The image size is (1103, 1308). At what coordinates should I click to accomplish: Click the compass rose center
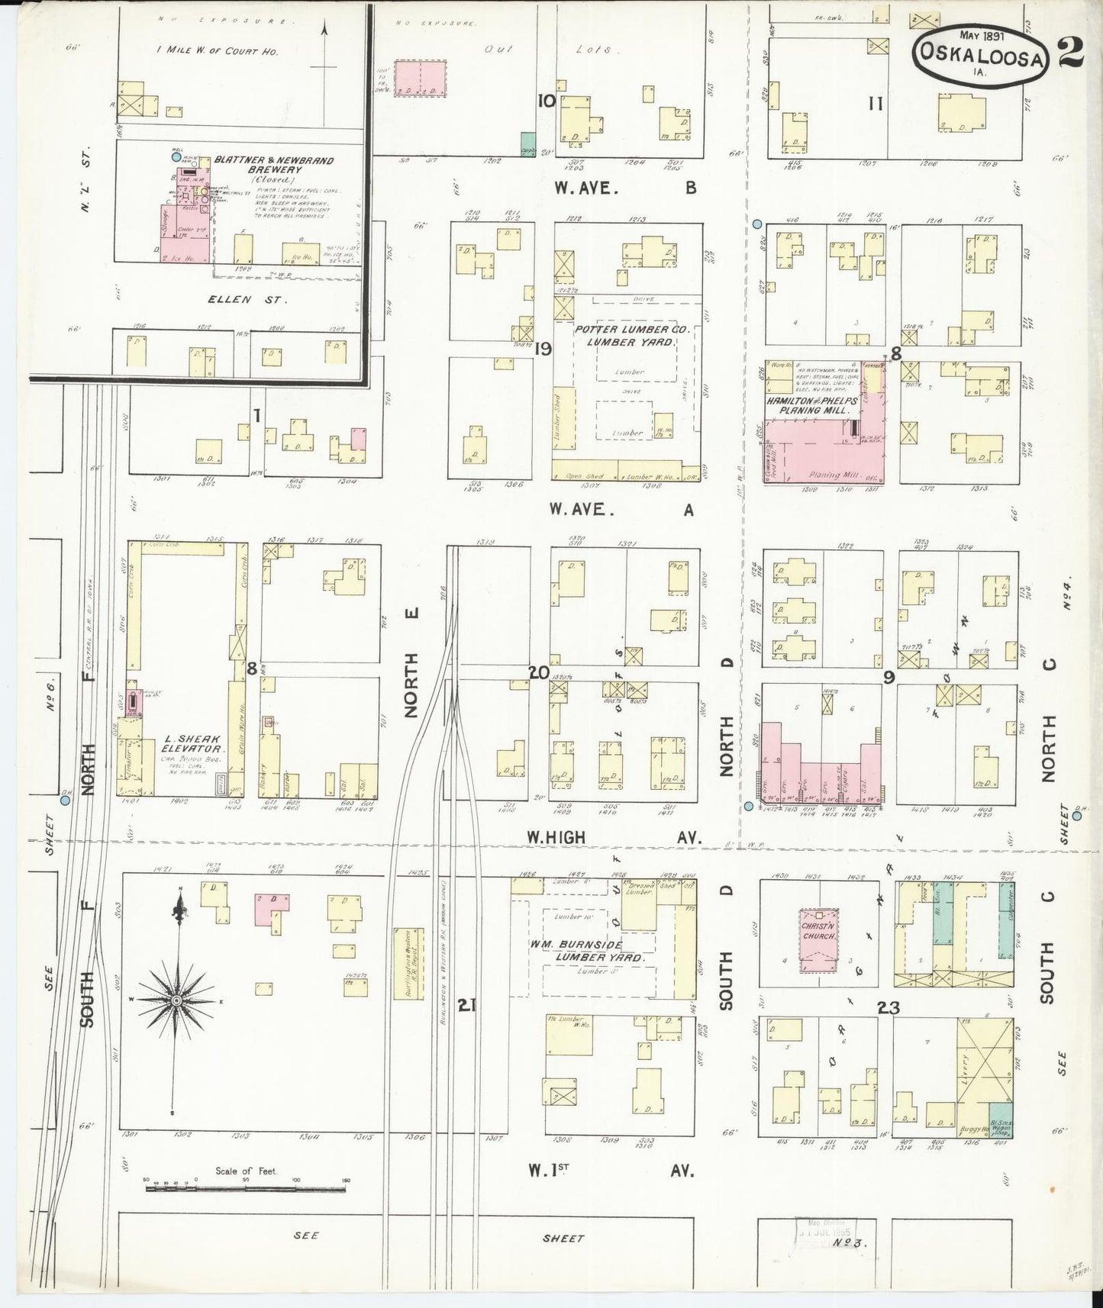tap(176, 1000)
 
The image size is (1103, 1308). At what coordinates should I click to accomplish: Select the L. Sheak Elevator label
tap(192, 744)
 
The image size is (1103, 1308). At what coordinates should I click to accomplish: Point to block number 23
tap(888, 1007)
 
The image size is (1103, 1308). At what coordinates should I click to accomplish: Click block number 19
tap(543, 349)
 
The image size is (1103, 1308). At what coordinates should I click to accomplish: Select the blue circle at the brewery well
tap(176, 156)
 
